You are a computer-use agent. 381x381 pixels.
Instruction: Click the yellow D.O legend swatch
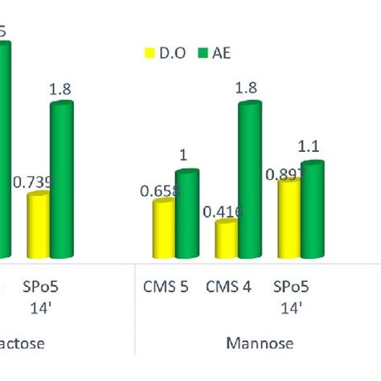(149, 54)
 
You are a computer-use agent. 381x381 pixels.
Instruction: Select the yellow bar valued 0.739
(39, 226)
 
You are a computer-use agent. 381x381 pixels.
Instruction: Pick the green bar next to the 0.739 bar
(61, 181)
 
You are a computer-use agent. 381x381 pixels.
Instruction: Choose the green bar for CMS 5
(186, 215)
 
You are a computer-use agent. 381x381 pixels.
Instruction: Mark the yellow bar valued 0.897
(289, 219)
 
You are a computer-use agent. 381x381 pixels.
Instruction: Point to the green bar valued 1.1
(312, 211)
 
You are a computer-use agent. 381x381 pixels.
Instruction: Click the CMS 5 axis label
(166, 287)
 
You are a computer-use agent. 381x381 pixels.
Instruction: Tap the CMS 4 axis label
(229, 287)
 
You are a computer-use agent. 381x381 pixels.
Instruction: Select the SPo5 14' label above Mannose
(290, 296)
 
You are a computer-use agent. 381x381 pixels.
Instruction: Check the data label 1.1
(309, 147)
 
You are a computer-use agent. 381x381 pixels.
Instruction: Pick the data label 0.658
(159, 190)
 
